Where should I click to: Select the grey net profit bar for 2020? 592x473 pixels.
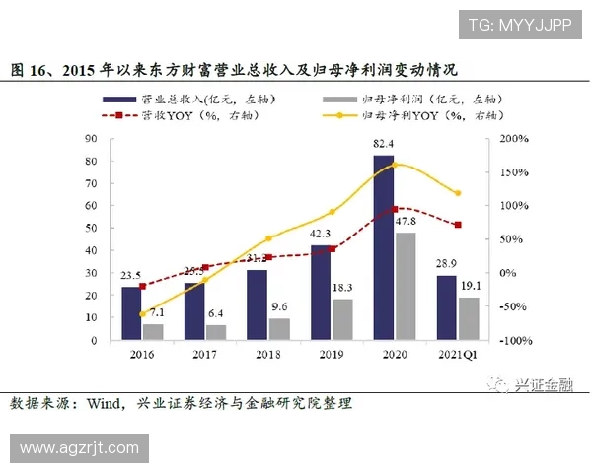tap(404, 286)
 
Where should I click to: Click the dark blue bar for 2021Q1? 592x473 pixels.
tap(446, 307)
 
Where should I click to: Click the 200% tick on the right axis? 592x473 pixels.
tap(514, 139)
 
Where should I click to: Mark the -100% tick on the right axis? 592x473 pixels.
tap(512, 340)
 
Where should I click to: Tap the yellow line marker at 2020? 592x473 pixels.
tap(395, 165)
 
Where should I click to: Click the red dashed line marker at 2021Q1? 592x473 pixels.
tap(457, 225)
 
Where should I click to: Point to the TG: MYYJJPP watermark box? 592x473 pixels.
tap(519, 24)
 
